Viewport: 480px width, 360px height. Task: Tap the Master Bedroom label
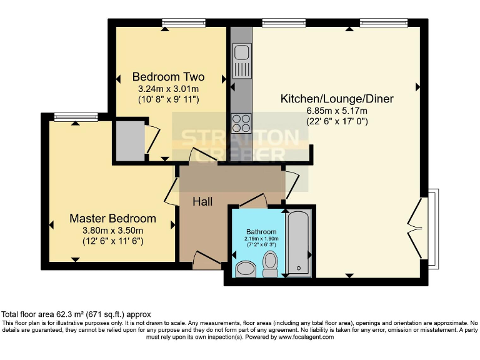(112, 219)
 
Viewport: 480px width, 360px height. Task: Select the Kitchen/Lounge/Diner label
(337, 99)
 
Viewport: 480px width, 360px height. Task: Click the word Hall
(202, 202)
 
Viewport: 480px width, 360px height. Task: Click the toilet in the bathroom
(271, 264)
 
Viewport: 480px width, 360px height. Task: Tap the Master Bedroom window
(76, 116)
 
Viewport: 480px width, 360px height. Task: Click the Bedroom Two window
(184, 23)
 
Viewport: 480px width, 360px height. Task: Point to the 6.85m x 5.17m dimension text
(336, 111)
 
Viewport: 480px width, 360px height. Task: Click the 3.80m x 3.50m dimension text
(112, 230)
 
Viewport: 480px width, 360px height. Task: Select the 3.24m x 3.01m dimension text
(168, 89)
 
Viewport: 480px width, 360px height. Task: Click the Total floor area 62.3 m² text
(76, 314)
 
